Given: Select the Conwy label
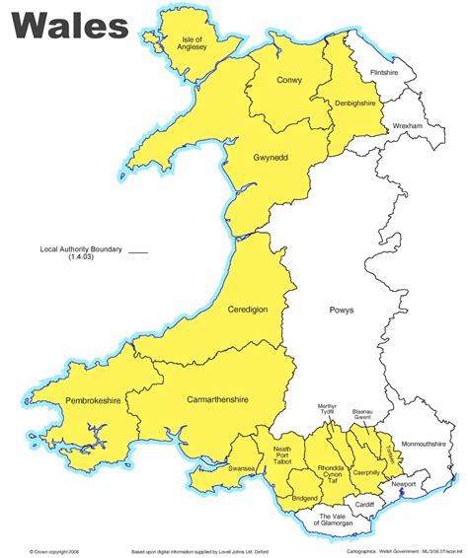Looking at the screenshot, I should (x=290, y=81).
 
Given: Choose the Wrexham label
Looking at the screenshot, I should (x=407, y=127).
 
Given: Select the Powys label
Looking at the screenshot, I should (x=341, y=311).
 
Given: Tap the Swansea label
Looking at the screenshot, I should (x=242, y=469).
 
